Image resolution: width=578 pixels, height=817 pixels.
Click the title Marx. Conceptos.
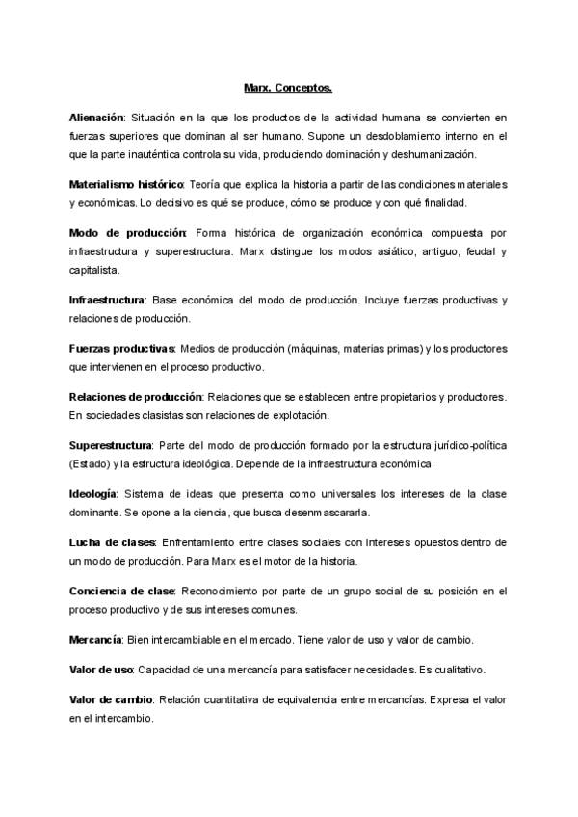[288, 88]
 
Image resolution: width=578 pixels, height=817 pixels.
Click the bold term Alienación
[97, 117]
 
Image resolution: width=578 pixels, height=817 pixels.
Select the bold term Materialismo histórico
[125, 184]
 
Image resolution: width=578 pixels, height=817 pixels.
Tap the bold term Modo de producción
[127, 233]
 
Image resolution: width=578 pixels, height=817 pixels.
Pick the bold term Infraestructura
[107, 300]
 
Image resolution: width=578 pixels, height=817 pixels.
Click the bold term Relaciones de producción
[135, 397]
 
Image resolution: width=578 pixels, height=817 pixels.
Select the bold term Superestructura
[111, 445]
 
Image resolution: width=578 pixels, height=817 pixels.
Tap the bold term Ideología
[93, 493]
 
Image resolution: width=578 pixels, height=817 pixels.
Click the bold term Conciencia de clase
[121, 591]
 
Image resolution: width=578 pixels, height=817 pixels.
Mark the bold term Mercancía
[95, 639]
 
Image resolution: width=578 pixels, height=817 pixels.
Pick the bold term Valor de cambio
[109, 698]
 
